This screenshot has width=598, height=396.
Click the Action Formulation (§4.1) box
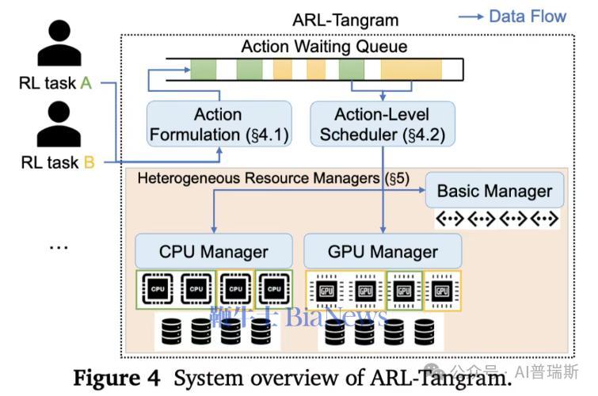coord(218,124)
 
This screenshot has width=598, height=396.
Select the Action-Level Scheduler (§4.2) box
coord(383,124)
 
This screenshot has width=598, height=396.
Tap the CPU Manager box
coord(215,253)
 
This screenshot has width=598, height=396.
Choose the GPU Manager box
coord(383,253)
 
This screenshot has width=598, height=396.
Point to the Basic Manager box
coord(494,191)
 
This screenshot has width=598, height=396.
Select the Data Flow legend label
coord(528,17)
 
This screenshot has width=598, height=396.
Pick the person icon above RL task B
coord(59,124)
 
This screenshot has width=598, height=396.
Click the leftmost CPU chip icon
coord(158,290)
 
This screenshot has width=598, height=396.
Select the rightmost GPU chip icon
coord(443,291)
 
